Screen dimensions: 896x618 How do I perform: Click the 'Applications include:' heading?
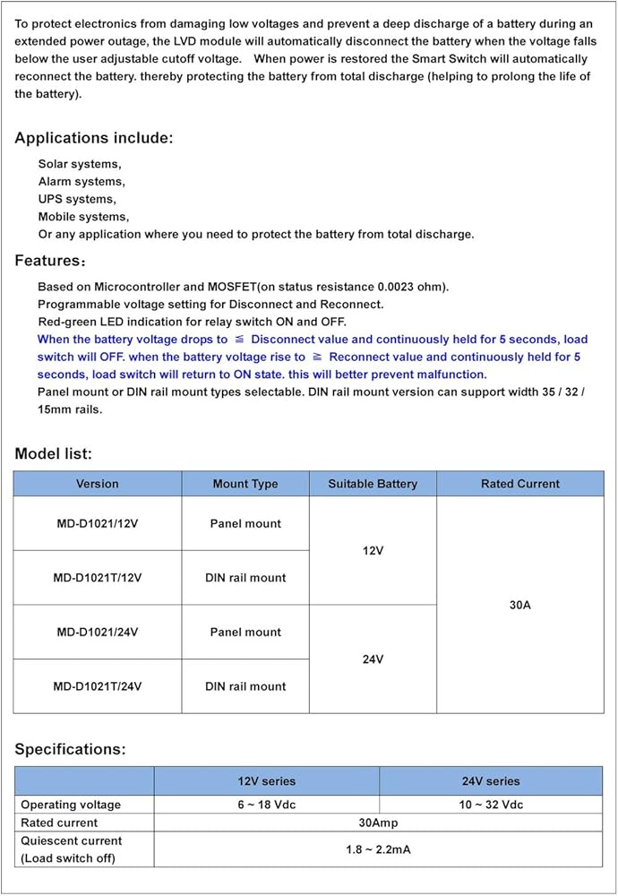tap(94, 138)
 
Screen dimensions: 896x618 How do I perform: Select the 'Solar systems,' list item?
tap(80, 164)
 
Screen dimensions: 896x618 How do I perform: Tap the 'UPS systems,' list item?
tap(77, 199)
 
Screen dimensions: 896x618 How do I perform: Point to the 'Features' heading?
tap(50, 261)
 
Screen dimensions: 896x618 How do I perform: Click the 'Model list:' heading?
tap(53, 454)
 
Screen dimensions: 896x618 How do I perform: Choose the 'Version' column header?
tap(97, 484)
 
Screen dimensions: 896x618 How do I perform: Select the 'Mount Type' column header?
tap(245, 484)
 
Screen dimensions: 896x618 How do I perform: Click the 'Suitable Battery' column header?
tap(373, 484)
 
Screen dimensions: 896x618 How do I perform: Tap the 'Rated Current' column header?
tap(520, 484)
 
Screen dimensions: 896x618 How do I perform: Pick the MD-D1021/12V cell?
tap(97, 523)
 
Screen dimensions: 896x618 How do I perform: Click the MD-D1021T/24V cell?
tap(97, 686)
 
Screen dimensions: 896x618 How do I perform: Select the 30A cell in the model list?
tap(520, 605)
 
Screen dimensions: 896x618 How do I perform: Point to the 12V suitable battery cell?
tap(373, 551)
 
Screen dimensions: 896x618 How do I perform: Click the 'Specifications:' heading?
tap(70, 749)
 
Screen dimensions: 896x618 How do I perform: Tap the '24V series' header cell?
tap(491, 781)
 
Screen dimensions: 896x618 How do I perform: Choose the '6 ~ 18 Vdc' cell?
tap(267, 805)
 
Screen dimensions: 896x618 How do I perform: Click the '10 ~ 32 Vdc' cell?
tap(491, 805)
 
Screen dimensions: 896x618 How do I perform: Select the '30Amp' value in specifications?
tap(378, 823)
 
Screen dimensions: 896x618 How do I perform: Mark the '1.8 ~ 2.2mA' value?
tap(378, 849)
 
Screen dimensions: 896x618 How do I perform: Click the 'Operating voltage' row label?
tap(71, 805)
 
